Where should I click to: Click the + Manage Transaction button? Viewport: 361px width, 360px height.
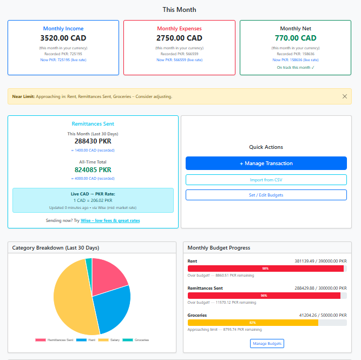pyautogui.click(x=266, y=163)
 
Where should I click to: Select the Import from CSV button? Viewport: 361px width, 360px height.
pyautogui.click(x=266, y=180)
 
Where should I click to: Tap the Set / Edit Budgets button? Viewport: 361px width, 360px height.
pyautogui.click(x=266, y=195)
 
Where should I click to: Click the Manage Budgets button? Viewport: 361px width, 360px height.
pyautogui.click(x=267, y=343)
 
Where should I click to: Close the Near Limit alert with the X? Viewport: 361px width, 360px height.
pyautogui.click(x=345, y=96)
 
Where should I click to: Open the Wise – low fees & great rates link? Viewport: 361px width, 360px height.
pyautogui.click(x=110, y=220)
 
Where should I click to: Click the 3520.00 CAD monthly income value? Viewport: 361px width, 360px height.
pyautogui.click(x=63, y=38)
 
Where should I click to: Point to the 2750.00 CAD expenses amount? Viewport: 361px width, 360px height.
pyautogui.click(x=179, y=38)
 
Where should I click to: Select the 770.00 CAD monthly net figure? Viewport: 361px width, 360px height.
pyautogui.click(x=295, y=38)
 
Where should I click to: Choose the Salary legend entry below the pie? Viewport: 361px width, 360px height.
pyautogui.click(x=110, y=340)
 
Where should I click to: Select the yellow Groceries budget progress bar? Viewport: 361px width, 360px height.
pyautogui.click(x=252, y=323)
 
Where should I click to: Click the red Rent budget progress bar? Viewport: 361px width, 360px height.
pyautogui.click(x=265, y=269)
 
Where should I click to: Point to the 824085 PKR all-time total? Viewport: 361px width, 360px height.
pyautogui.click(x=93, y=169)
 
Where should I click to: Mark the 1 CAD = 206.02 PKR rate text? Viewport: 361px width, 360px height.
pyautogui.click(x=93, y=200)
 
